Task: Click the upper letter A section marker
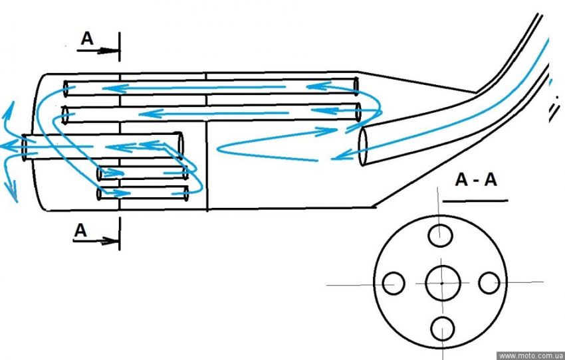(87, 39)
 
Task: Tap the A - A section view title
(475, 180)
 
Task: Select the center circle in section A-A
(441, 283)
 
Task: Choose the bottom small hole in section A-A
(442, 329)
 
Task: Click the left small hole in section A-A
(394, 284)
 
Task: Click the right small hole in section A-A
(489, 283)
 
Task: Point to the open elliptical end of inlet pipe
(364, 147)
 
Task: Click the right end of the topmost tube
(356, 86)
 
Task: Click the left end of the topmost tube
(66, 87)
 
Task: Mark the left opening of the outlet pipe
(25, 147)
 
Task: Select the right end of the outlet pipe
(179, 145)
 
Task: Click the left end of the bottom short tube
(100, 194)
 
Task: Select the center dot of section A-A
(441, 284)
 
